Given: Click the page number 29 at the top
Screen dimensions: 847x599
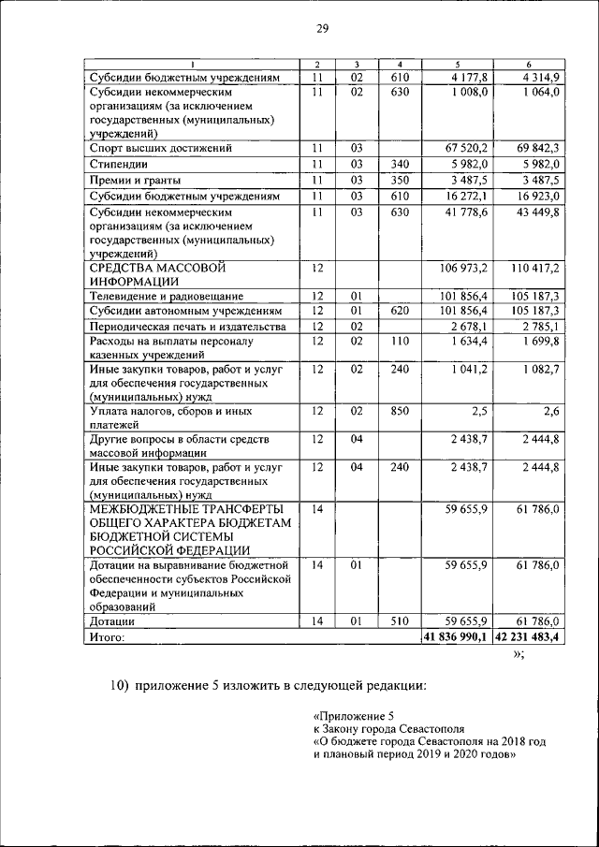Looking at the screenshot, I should pyautogui.click(x=320, y=30).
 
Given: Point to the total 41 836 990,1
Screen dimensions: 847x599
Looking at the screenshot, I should pyautogui.click(x=455, y=637).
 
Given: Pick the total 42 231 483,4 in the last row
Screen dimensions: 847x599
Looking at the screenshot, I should pyautogui.click(x=527, y=637).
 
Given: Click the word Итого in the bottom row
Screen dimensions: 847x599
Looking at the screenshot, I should pyautogui.click(x=107, y=637).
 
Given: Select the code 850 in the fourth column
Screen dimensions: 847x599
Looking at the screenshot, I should pyautogui.click(x=400, y=411).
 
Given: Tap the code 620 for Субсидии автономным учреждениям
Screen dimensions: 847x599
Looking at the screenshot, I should pyautogui.click(x=400, y=311).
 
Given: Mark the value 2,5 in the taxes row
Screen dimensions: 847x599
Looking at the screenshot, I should pyautogui.click(x=477, y=411).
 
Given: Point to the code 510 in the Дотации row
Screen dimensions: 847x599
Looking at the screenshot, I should pyautogui.click(x=400, y=621).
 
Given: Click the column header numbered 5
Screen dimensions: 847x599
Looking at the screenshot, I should pyautogui.click(x=456, y=64).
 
